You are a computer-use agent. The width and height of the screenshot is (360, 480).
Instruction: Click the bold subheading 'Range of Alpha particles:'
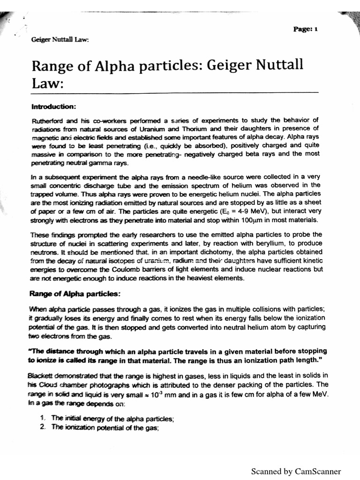pyautogui.click(x=75, y=294)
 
